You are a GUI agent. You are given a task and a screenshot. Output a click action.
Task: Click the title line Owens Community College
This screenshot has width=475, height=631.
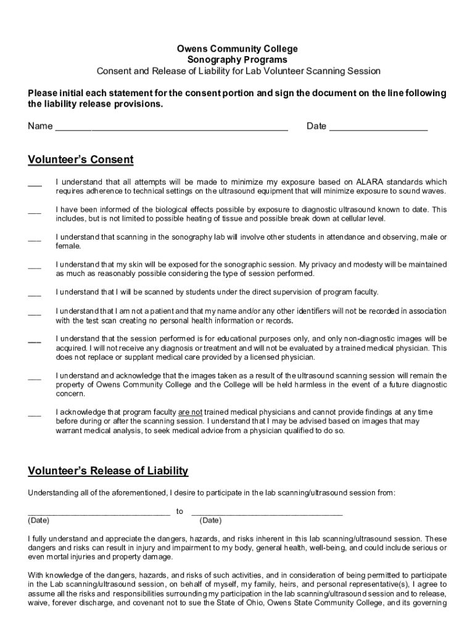(238, 49)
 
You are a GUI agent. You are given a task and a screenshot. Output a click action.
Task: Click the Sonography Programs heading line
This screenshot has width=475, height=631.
(238, 60)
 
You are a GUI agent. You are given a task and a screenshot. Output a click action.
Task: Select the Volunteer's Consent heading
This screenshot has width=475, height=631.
(80, 160)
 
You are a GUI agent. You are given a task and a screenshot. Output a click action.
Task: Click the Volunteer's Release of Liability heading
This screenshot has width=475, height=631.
(108, 471)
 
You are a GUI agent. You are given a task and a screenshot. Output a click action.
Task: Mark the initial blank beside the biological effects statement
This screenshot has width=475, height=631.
(35, 211)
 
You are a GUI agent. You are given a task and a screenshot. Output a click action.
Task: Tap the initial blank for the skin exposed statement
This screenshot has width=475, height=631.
(35, 266)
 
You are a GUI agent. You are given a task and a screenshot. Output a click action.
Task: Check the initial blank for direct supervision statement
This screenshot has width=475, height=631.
(35, 294)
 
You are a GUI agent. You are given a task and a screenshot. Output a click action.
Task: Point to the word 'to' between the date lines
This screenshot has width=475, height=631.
(180, 511)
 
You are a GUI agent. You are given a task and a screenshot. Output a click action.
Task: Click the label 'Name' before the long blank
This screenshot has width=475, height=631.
(40, 126)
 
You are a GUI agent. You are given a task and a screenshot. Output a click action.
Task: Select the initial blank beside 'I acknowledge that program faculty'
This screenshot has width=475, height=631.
(35, 413)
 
